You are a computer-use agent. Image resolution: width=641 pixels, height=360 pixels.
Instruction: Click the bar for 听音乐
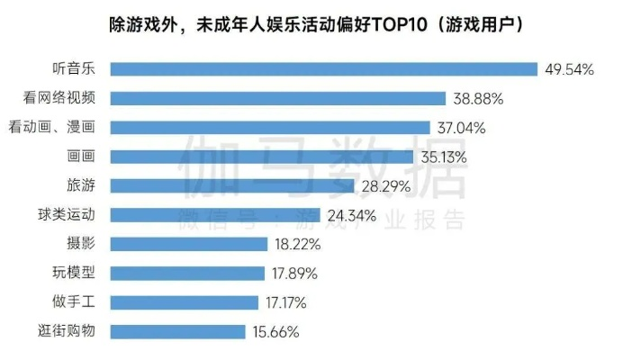(323, 69)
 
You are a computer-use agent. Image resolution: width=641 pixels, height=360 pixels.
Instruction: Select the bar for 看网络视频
(278, 98)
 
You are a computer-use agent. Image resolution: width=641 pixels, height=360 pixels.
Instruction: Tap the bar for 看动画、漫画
(270, 128)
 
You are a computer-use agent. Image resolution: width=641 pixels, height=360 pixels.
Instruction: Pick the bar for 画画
(262, 157)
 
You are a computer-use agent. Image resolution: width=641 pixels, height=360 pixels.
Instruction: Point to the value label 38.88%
(480, 99)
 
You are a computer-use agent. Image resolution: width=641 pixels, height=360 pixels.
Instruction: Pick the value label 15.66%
(275, 332)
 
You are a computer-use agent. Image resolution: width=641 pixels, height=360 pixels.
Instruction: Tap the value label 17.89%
(294, 273)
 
